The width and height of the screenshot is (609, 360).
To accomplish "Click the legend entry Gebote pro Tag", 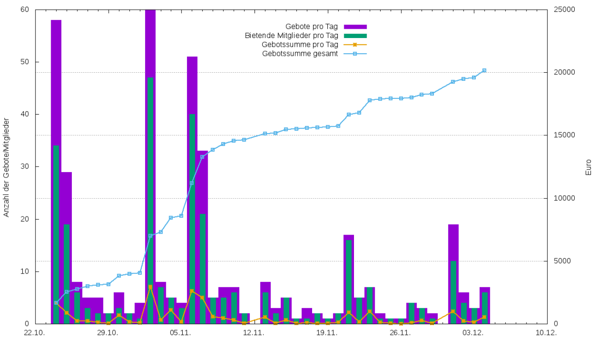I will point(312,27).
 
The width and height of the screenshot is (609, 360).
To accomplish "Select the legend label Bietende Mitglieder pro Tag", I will point(292,36).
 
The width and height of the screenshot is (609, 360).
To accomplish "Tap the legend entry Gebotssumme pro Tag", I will point(300,45).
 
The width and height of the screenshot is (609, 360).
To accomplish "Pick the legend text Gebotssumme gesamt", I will point(300,54).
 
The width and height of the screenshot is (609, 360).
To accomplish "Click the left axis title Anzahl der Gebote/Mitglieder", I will point(6,166).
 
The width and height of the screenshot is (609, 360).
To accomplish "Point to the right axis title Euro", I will point(589,167).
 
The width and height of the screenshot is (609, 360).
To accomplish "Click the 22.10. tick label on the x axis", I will point(35,333).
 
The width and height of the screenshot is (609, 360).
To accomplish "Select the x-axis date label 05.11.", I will point(181,333).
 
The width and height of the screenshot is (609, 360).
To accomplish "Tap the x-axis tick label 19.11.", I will point(327,333).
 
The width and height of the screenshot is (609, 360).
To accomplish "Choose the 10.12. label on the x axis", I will point(546,333).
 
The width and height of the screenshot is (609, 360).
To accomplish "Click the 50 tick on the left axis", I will point(25,62).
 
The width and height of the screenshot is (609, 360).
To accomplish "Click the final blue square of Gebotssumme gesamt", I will point(484,70).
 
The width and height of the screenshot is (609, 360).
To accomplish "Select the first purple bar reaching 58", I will point(56,171).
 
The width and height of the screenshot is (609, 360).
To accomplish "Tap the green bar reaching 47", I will point(150,200).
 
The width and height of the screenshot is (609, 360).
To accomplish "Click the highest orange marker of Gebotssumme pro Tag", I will point(150,287).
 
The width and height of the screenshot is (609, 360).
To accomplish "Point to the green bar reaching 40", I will point(192,219).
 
